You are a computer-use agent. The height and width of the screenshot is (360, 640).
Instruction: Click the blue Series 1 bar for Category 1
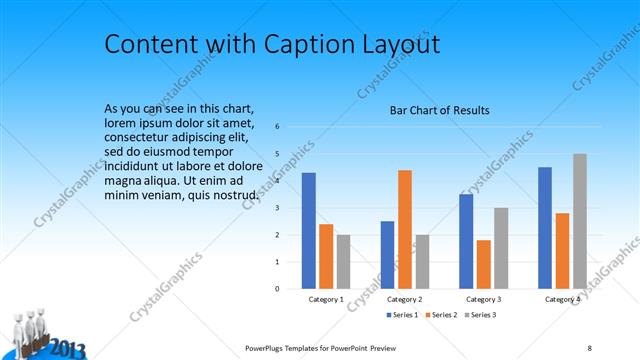click(x=308, y=230)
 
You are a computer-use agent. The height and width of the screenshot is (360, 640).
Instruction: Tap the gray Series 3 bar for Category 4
click(x=580, y=221)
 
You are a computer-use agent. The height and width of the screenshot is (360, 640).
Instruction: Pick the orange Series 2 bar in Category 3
click(x=484, y=264)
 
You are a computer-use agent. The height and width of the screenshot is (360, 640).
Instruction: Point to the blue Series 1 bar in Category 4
click(x=545, y=227)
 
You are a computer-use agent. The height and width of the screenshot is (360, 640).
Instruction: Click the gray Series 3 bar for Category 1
click(x=344, y=261)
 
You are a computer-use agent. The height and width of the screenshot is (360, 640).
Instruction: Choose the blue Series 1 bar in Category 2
click(x=387, y=254)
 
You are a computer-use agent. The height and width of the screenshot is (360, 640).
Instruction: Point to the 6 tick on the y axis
click(x=277, y=127)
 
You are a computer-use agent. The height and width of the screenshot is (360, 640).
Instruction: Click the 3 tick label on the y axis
click(x=277, y=208)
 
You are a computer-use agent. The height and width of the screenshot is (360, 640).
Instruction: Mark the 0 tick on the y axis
click(x=277, y=289)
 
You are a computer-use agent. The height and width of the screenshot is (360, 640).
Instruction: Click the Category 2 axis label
click(x=405, y=299)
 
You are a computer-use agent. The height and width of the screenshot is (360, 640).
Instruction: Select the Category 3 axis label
click(x=484, y=299)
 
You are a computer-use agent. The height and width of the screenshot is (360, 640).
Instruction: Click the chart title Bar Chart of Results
click(x=439, y=110)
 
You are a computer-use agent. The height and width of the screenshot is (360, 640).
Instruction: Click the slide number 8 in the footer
click(x=589, y=347)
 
